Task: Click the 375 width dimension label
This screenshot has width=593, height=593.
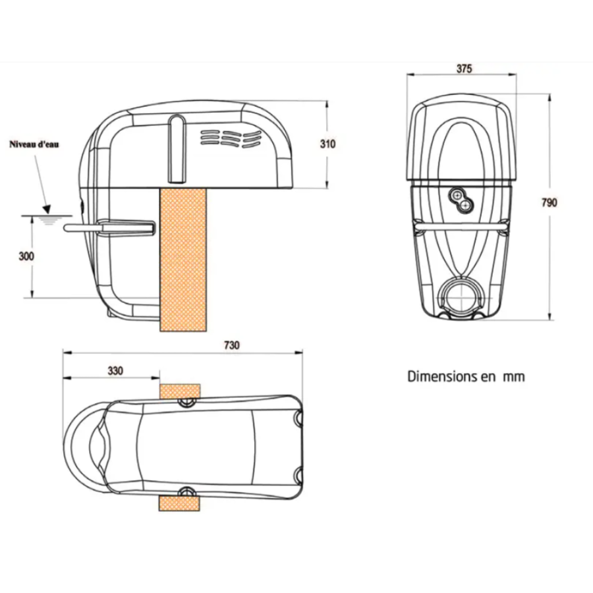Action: coord(463,68)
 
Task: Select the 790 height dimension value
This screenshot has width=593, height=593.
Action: coord(549,202)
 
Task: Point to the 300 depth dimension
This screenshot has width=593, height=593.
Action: coord(25,256)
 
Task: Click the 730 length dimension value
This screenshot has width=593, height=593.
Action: coord(232,345)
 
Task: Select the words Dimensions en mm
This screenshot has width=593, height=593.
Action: coord(466,377)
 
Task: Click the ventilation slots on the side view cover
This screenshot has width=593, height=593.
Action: coord(231,138)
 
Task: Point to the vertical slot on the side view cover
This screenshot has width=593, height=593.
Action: coord(177,148)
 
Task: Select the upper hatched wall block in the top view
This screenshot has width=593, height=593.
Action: coord(179,389)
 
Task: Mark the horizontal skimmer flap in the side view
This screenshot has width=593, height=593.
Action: coord(109,227)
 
